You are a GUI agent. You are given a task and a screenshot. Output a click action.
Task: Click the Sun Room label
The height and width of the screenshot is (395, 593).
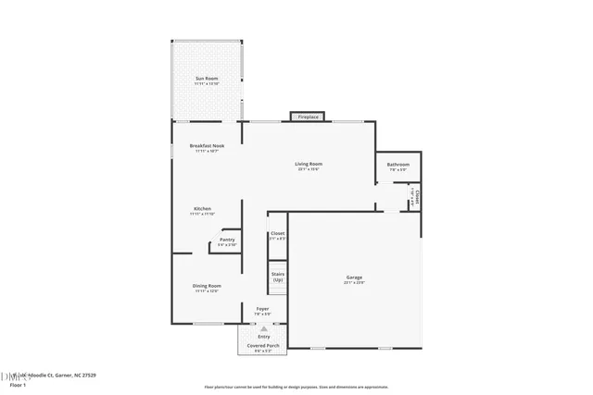click(206, 79)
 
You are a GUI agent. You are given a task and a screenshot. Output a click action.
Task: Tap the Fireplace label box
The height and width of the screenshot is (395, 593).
click(308, 117)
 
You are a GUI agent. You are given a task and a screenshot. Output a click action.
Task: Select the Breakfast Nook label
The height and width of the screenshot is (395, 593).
click(206, 146)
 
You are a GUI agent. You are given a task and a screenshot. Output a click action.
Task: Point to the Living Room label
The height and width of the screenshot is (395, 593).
click(309, 164)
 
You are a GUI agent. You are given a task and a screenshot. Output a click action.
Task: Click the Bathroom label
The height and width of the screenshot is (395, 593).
click(398, 166)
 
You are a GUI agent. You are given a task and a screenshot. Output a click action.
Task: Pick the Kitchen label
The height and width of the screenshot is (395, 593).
click(202, 209)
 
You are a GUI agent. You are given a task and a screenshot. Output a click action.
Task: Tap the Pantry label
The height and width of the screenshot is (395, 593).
click(227, 240)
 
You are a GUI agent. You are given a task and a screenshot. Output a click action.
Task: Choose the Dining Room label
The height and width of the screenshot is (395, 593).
click(206, 286)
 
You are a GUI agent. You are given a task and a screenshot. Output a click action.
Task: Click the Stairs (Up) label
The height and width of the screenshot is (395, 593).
click(277, 277)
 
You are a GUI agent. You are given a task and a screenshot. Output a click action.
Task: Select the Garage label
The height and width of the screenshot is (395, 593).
click(354, 278)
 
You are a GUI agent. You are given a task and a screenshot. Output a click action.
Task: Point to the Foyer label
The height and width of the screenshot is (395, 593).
click(262, 309)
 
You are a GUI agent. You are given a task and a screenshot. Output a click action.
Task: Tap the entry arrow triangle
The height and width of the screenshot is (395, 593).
click(264, 328)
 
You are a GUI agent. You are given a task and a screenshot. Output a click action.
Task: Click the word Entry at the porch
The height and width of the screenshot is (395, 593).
click(264, 337)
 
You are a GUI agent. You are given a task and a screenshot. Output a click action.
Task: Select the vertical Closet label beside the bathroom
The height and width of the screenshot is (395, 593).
click(418, 197)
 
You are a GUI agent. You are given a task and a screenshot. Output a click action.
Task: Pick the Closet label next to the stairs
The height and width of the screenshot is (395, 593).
click(277, 234)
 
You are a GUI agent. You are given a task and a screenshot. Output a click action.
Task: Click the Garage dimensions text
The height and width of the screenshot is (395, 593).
click(354, 282)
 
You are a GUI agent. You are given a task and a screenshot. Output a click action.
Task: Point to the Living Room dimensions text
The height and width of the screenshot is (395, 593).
click(309, 169)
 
